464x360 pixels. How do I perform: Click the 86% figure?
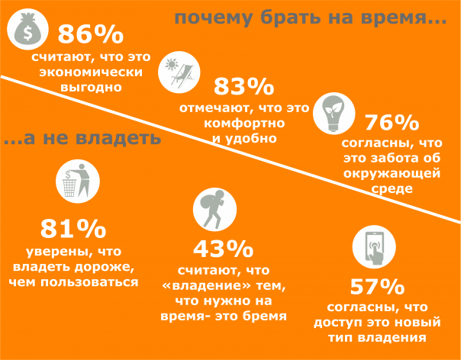pyautogui.click(x=91, y=35)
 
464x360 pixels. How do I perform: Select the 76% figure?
pyautogui.click(x=391, y=123)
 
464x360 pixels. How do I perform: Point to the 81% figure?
pyautogui.click(x=72, y=229)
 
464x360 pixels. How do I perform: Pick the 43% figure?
pyautogui.click(x=223, y=249)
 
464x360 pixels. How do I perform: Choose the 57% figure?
pyautogui.click(x=376, y=286)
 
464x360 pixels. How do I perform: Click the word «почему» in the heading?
pyautogui.click(x=208, y=18)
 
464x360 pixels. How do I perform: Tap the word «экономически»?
pyautogui.click(x=91, y=72)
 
